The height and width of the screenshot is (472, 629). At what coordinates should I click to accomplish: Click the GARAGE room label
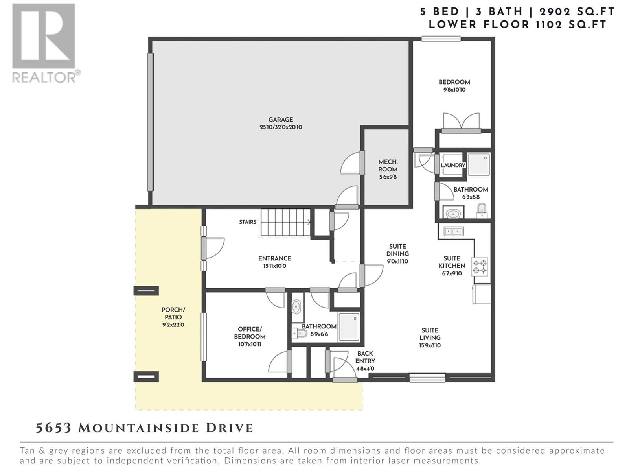point(281,120)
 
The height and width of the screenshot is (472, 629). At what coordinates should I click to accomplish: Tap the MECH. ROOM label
point(388,166)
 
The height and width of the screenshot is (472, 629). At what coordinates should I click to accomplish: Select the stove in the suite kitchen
point(479,267)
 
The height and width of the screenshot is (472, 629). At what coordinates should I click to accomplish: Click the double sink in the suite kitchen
point(454,231)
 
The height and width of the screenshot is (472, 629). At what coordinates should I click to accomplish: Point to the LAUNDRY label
point(453,165)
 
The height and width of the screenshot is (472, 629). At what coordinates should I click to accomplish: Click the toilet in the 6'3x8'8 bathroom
point(482,210)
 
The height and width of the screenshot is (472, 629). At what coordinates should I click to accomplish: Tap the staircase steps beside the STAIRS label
point(285,222)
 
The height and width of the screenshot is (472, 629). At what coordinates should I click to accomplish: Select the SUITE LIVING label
point(430,334)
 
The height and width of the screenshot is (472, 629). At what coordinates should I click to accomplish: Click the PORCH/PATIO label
point(173,313)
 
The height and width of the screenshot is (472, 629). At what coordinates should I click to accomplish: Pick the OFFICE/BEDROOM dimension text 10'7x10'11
point(250,344)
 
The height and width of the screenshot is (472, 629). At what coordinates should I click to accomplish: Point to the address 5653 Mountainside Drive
point(144,428)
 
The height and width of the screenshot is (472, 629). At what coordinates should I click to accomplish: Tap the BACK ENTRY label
point(365,357)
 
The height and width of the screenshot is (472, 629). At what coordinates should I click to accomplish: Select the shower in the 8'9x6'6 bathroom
point(349,327)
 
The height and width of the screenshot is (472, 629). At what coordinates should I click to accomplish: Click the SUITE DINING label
point(397,250)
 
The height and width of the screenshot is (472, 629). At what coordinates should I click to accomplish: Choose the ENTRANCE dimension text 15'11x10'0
point(274,266)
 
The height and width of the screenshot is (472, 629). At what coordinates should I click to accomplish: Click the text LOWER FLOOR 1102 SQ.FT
point(517,25)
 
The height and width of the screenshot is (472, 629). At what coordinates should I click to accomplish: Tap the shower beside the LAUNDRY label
point(478,164)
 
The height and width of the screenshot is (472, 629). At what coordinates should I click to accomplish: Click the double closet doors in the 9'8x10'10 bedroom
point(461,122)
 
